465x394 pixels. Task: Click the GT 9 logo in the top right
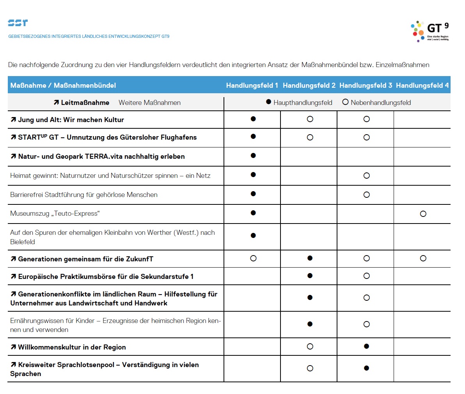430,31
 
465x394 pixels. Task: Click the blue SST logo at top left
18,23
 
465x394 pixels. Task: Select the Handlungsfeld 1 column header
252,85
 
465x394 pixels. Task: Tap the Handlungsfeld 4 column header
422,85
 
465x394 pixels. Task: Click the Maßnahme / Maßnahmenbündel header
63,85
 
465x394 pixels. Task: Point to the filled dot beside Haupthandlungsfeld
268,102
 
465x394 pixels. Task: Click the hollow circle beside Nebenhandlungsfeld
345,102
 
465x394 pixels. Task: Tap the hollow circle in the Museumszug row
423,214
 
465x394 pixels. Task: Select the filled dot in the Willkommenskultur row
366,346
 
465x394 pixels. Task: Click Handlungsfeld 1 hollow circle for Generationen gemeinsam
253,258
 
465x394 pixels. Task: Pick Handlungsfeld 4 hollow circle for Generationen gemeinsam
423,258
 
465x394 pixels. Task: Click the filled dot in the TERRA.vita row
253,156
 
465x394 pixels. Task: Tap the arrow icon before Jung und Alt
13,120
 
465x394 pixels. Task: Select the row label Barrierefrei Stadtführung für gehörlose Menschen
84,195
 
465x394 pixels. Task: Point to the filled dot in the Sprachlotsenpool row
366,368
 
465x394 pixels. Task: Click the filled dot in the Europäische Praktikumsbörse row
310,276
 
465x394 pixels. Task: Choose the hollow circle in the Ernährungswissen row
366,324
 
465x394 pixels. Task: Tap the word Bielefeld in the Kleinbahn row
23,242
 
